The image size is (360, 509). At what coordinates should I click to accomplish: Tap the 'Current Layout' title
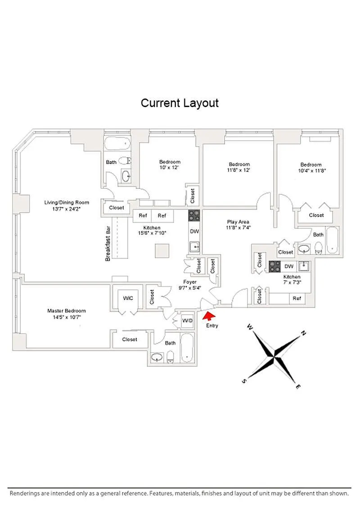click(x=180, y=103)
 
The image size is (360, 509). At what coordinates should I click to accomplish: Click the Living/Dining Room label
click(x=66, y=202)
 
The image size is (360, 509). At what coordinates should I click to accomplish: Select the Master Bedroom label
click(x=67, y=311)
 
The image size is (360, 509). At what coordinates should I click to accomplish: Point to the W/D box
click(x=187, y=321)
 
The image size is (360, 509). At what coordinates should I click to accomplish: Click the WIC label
click(x=128, y=298)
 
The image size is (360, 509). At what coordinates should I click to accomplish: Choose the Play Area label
click(x=238, y=222)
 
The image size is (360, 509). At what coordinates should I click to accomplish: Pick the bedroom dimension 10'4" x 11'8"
click(x=311, y=170)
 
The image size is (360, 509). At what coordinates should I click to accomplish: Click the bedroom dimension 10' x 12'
click(x=169, y=168)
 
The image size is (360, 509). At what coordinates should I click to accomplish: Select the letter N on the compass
click(x=303, y=333)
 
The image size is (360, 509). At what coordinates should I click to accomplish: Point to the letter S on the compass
click(x=244, y=381)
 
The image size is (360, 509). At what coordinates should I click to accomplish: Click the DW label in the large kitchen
click(x=194, y=232)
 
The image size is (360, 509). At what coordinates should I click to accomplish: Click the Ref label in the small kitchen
click(x=297, y=298)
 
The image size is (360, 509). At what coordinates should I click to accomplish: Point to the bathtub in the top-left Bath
click(x=117, y=145)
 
